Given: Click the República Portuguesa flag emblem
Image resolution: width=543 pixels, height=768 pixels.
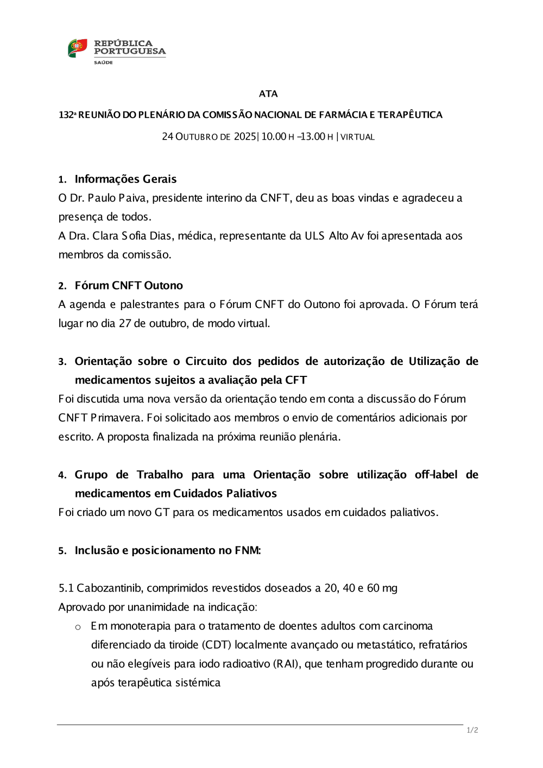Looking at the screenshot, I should (77, 48).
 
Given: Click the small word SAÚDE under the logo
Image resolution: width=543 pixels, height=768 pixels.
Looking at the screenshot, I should (103, 62).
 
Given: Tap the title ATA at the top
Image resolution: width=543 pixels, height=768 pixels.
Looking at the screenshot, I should (268, 94).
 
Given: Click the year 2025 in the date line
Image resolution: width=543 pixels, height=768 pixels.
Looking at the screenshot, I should (245, 136).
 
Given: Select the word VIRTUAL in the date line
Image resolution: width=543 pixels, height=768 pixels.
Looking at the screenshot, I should (358, 137).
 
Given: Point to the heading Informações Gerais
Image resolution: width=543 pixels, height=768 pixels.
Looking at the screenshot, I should (125, 179).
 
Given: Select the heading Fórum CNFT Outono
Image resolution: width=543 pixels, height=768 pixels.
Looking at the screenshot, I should (129, 286).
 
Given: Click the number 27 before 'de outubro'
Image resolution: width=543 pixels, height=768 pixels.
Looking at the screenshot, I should (125, 324).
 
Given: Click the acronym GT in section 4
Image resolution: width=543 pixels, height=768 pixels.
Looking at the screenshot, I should (162, 513).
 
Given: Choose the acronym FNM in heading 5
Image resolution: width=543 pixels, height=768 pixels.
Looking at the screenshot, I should (248, 551).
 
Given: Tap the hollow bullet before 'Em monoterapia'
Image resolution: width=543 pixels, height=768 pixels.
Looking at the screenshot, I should (78, 627).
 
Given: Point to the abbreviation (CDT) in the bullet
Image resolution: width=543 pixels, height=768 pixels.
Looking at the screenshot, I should (217, 645).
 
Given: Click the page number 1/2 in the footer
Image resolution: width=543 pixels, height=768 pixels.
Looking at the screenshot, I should (472, 731).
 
